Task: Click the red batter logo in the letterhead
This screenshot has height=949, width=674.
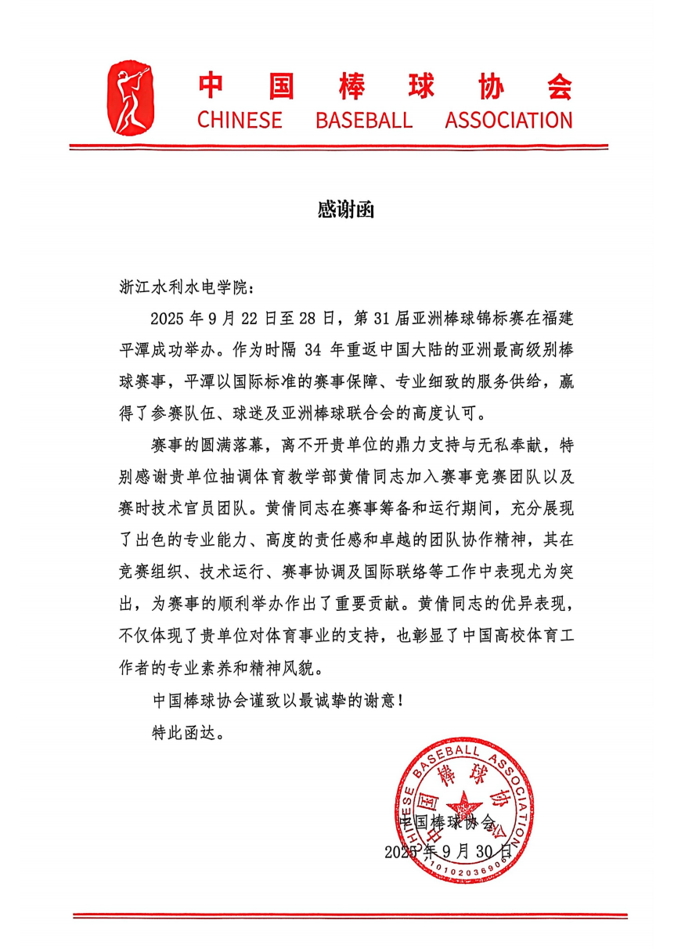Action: tap(131, 96)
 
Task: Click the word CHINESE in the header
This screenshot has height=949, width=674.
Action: tap(240, 121)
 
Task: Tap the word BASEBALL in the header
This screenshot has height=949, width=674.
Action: tap(363, 121)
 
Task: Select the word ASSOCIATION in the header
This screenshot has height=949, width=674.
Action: tap(509, 121)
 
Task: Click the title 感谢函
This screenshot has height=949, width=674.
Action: tap(337, 210)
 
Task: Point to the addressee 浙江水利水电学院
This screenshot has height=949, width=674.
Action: tap(185, 287)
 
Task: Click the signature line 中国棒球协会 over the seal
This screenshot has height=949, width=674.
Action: tap(447, 822)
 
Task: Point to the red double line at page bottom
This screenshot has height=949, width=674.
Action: tap(350, 915)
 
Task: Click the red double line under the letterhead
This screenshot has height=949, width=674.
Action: tap(338, 146)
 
